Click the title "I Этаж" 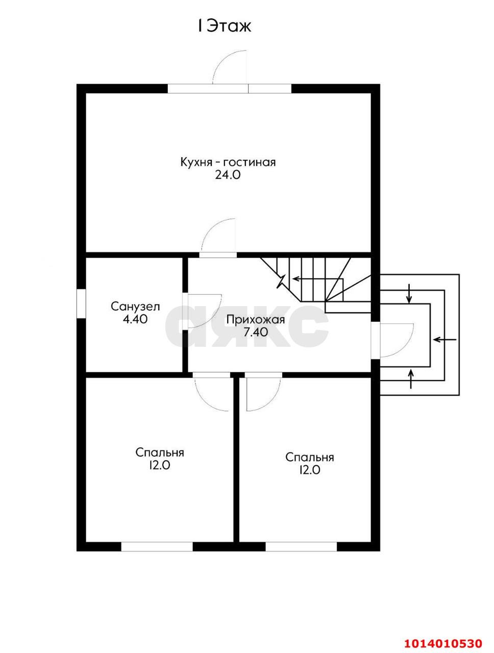point(225,26)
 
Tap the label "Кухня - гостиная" point(228,162)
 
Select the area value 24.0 point(228,175)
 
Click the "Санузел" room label point(135,307)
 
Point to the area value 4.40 point(135,319)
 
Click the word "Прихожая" point(256,320)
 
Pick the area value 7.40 point(256,332)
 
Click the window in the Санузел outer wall point(81,304)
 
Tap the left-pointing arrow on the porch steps point(444,339)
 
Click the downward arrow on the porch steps point(409,294)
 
